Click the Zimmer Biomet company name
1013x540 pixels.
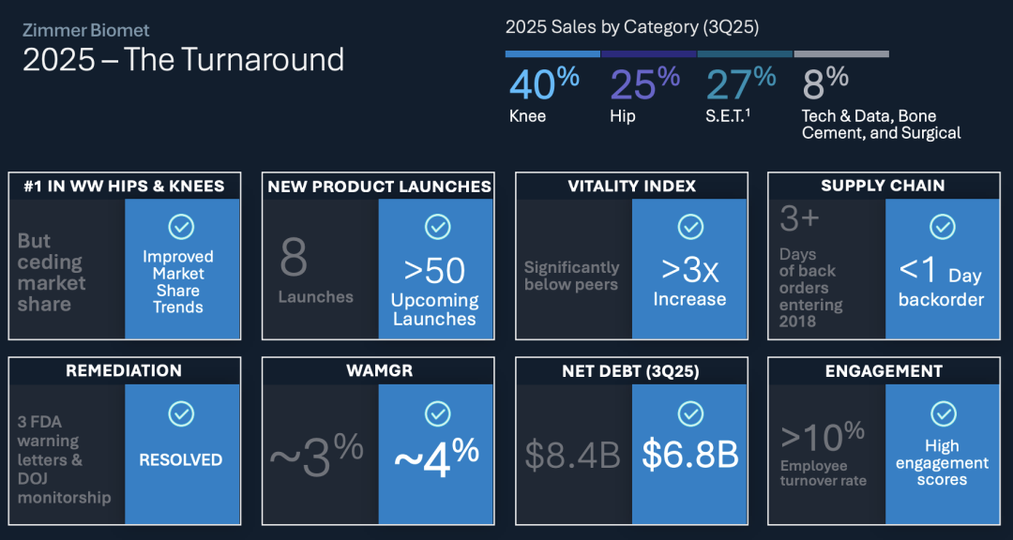[x=86, y=30]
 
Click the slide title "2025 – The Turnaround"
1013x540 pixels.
[x=184, y=60]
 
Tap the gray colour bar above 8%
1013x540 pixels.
[x=841, y=54]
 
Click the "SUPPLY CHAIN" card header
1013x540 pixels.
[x=883, y=186]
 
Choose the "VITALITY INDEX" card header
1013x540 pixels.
[x=631, y=186]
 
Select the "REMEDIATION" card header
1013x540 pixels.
[x=124, y=370]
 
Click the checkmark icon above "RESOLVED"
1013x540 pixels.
[x=181, y=413]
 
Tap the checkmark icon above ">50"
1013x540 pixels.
[x=437, y=227]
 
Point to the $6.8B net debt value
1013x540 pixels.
[x=689, y=455]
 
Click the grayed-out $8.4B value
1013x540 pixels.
[x=572, y=455]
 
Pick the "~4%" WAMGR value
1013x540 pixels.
[x=436, y=456]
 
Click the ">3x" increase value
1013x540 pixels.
[x=689, y=271]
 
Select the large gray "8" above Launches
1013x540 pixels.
[x=294, y=259]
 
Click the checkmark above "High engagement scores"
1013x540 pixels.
[x=944, y=413]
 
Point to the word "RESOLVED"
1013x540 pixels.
[x=181, y=460]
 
